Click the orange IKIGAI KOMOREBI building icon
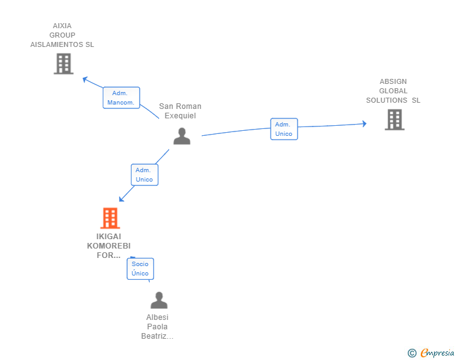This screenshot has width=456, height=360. coord(110,218)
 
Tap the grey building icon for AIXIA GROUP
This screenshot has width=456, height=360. coord(64,64)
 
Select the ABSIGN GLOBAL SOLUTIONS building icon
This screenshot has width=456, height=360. coord(395,120)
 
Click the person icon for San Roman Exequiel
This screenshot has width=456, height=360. coord(182,136)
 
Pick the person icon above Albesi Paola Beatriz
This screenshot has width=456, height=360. coord(159,300)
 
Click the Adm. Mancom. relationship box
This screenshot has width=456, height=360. coord(122,98)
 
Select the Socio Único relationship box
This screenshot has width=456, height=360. coord(140,269)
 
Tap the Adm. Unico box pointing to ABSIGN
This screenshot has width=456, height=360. coord(284,129)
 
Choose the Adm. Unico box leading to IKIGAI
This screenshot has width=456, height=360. coord(145,175)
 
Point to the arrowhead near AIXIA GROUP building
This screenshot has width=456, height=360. coord(85,79)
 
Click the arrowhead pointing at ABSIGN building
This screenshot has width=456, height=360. coord(365,123)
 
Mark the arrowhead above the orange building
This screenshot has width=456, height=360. coord(122,199)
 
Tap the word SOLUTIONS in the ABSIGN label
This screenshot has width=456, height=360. coord(386,100)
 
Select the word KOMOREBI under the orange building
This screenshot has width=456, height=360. coord(109,246)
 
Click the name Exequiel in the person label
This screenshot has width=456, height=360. coord(180,116)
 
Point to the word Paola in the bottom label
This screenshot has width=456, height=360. coord(157,327)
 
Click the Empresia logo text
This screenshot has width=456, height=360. coord(437,353)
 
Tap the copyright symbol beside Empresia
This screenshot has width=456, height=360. coord(412,353)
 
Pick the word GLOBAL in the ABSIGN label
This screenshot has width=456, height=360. coord(393,91)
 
